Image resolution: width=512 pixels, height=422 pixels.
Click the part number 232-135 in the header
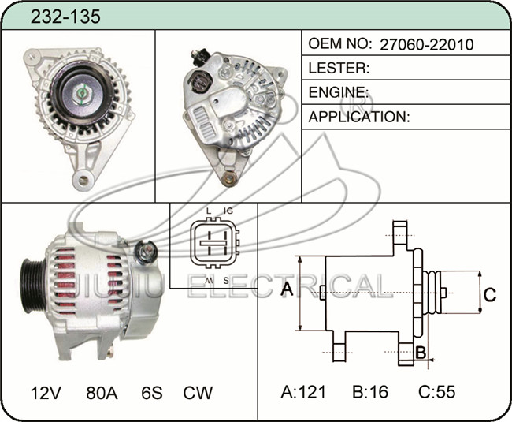[x=65, y=17]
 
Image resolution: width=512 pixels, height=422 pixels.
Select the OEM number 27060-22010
[x=427, y=44]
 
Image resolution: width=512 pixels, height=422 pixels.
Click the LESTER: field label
[x=339, y=68]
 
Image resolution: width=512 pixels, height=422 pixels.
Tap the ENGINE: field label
[x=339, y=92]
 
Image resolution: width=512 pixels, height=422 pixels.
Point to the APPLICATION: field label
[x=359, y=117]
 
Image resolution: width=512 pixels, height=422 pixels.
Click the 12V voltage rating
[x=46, y=393]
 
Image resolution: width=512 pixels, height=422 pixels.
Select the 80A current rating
[x=102, y=393]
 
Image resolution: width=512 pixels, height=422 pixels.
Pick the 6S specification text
[x=152, y=393]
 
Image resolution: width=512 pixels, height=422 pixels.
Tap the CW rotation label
[x=198, y=393]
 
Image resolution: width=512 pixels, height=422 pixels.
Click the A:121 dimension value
[x=303, y=391]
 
